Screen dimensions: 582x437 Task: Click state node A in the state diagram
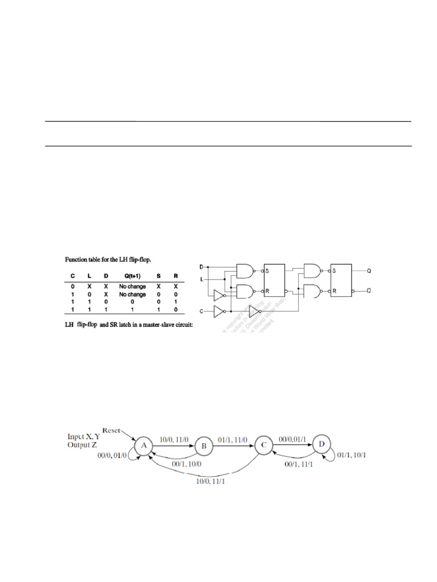[145, 446]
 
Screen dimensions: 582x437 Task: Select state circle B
[204, 447]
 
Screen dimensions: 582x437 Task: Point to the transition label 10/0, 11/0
[174, 439]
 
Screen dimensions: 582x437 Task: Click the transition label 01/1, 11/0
[233, 439]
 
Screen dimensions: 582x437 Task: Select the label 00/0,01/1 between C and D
[292, 438]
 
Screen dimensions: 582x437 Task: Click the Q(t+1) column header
[132, 276]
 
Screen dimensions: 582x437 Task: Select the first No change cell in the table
[132, 286]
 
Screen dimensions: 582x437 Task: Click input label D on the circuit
[200, 266]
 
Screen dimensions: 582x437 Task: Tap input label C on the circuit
[200, 311]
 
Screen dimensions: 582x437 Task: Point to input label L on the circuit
[200, 279]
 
